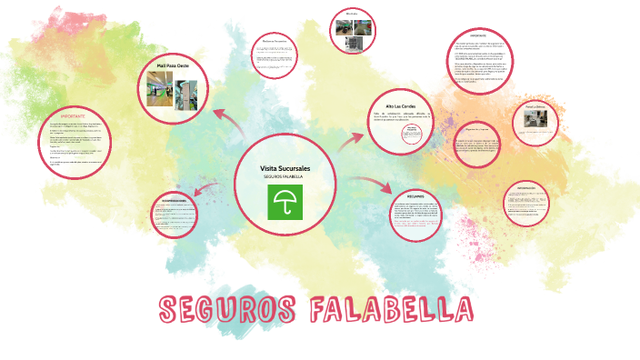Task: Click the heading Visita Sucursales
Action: pyautogui.click(x=285, y=169)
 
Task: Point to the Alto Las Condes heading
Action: pyautogui.click(x=401, y=105)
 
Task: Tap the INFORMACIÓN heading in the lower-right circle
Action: pyautogui.click(x=533, y=189)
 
